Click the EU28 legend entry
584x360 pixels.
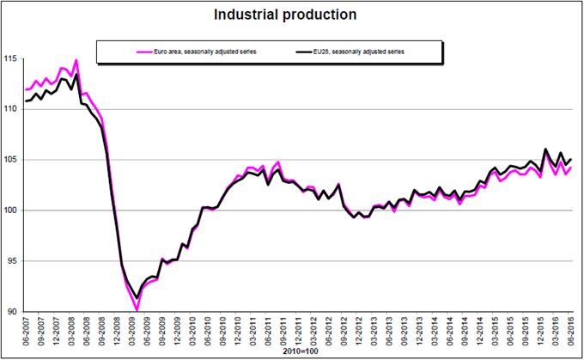[356, 52]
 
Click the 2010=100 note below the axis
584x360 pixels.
[298, 351]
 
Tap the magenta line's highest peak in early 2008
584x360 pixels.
[76, 60]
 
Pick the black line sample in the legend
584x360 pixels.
[295, 52]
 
